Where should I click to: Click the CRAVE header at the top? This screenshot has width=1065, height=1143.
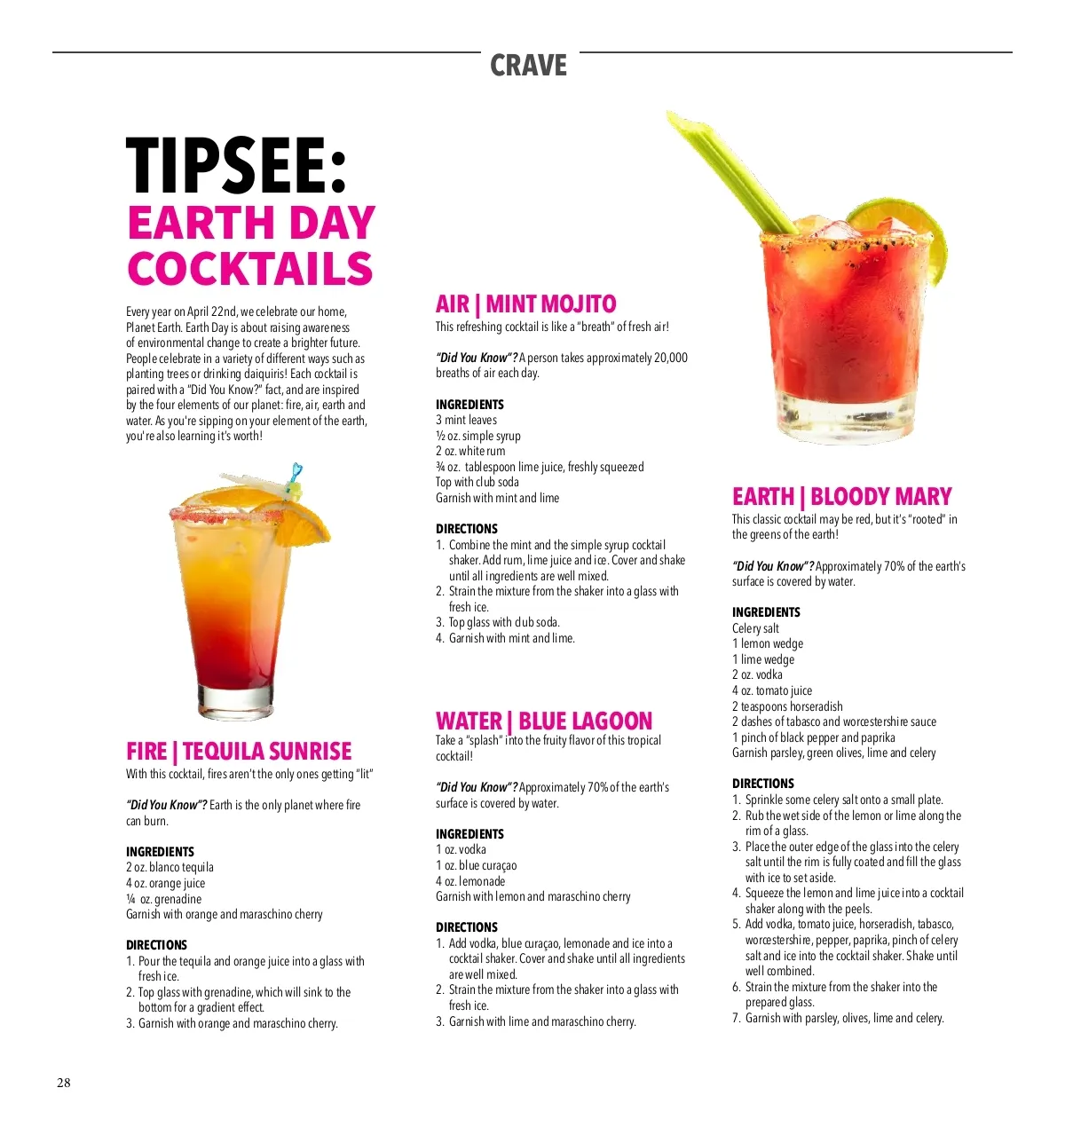(528, 65)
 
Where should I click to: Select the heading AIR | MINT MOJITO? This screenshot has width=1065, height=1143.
(525, 304)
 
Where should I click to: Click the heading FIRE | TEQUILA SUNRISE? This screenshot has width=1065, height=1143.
(239, 752)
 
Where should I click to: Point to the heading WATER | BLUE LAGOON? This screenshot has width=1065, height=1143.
(543, 721)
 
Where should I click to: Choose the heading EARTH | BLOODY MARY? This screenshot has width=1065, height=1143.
(841, 496)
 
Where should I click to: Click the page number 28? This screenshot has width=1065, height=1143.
(64, 1083)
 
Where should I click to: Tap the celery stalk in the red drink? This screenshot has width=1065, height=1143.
(728, 169)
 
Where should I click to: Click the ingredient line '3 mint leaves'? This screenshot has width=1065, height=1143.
(466, 420)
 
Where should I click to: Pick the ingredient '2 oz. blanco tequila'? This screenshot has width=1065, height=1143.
(170, 867)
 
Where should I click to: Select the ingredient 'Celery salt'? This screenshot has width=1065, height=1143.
(755, 628)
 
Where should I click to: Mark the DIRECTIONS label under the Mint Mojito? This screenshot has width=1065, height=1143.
(466, 528)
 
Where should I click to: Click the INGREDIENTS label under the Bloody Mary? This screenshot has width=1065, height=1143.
(766, 612)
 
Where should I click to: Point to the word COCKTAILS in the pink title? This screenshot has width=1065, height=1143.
(249, 269)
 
